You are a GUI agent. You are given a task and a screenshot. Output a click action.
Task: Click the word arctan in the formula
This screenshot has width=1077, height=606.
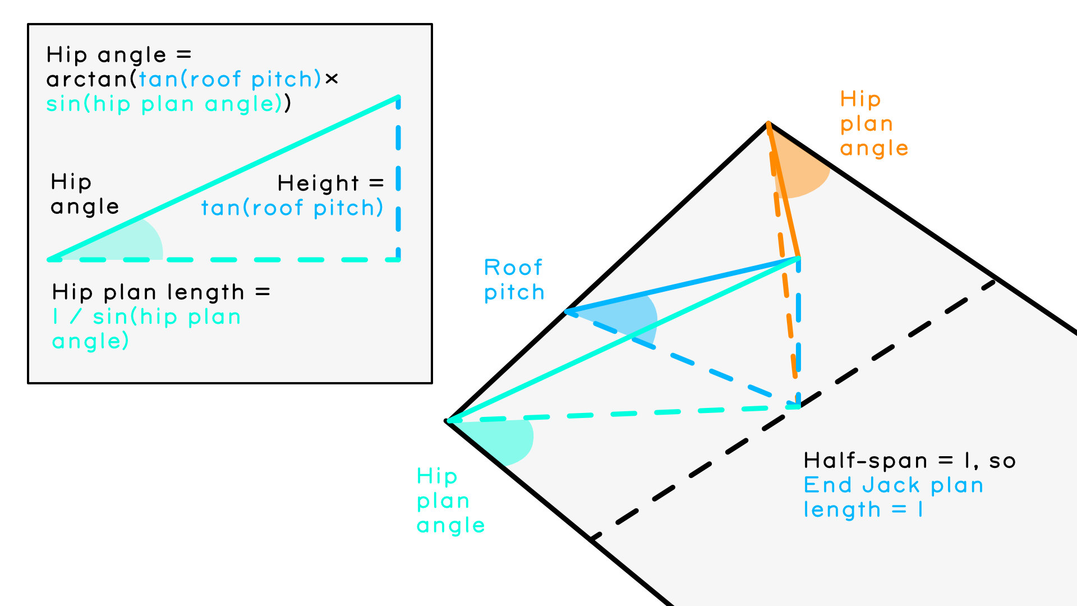88,80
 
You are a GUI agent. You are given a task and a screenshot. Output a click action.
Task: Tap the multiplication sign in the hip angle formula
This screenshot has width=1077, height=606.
332,79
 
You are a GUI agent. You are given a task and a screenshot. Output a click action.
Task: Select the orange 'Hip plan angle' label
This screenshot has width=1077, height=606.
873,123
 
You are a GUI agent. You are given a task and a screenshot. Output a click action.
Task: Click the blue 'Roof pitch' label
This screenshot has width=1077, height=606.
514,279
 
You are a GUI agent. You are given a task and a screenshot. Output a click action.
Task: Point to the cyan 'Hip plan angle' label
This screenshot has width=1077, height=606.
450,501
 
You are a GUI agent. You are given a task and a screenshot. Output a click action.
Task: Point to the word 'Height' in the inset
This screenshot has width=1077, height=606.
318,183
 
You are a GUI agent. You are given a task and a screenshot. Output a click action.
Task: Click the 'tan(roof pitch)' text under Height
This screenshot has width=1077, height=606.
292,208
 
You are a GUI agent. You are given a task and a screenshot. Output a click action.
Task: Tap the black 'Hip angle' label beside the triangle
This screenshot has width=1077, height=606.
84,194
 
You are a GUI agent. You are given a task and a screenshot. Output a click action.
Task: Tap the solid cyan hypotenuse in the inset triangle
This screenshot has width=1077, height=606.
224,178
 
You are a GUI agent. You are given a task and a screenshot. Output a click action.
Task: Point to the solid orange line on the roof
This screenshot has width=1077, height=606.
784,191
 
